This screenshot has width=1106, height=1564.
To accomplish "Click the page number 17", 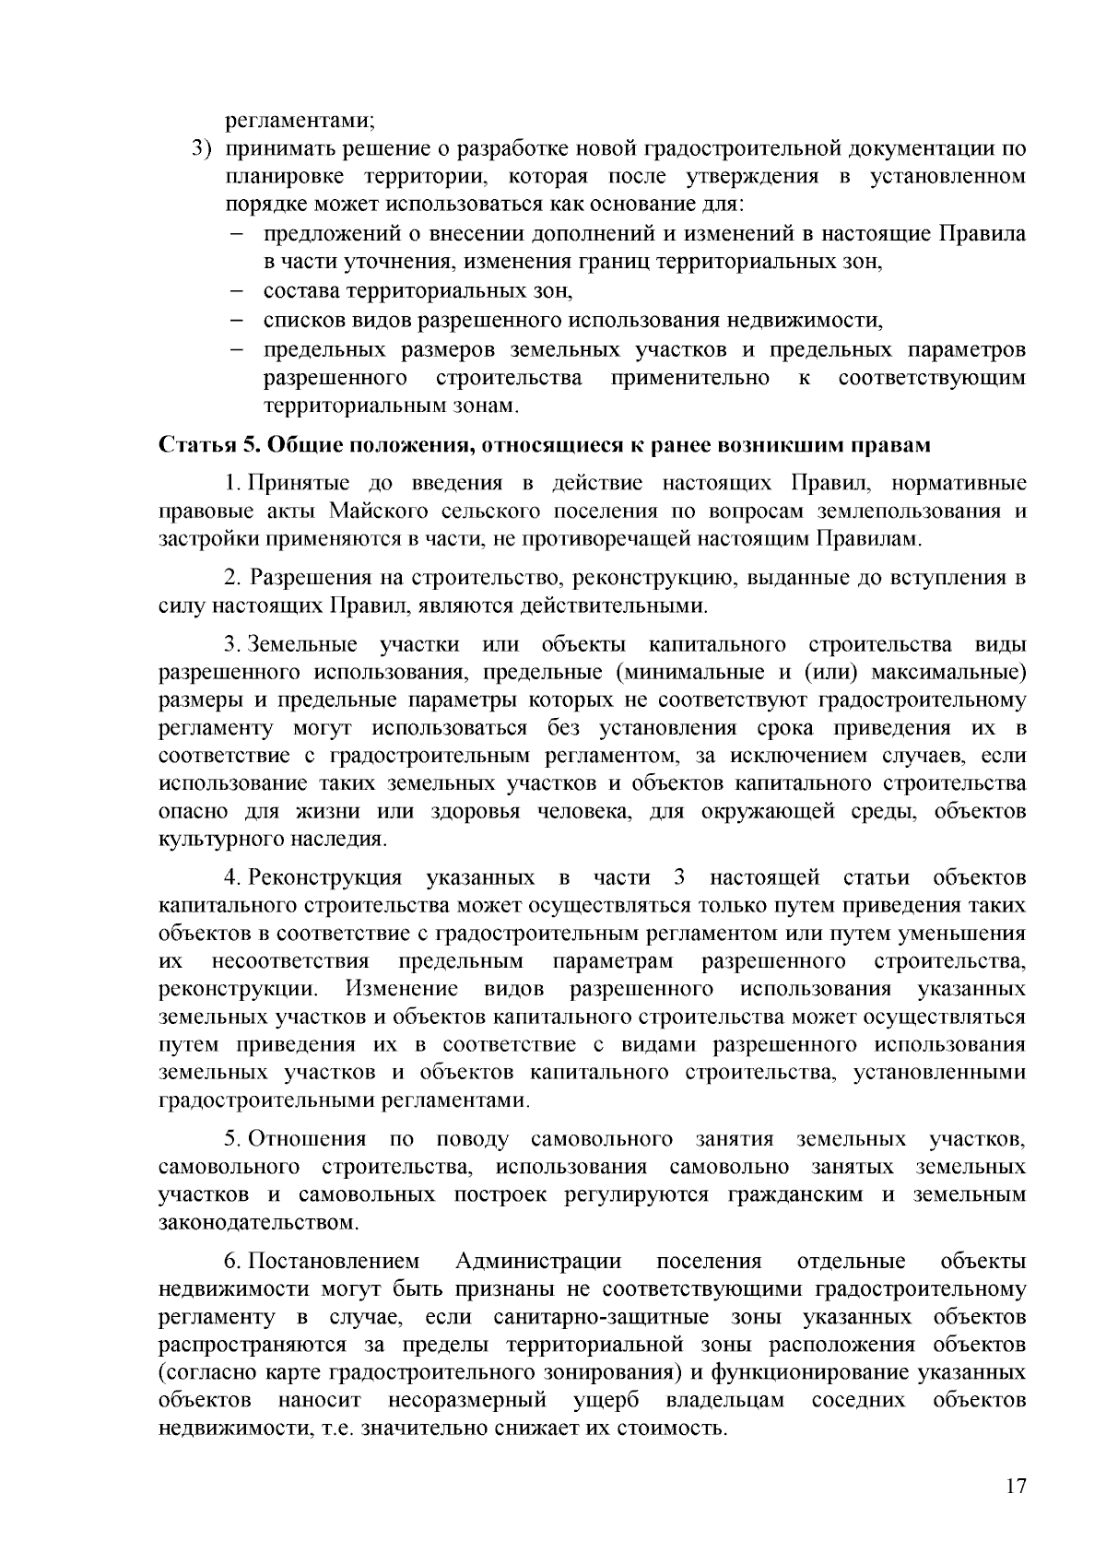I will [x=1015, y=1487].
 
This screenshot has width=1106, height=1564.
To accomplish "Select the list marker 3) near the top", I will [x=201, y=148].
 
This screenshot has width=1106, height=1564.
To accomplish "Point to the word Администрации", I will [x=538, y=1261].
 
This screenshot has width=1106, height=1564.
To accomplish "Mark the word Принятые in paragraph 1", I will [x=296, y=484].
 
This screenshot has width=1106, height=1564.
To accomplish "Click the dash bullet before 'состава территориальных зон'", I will [x=236, y=292].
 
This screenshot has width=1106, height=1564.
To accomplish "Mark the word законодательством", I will [x=258, y=1223].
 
